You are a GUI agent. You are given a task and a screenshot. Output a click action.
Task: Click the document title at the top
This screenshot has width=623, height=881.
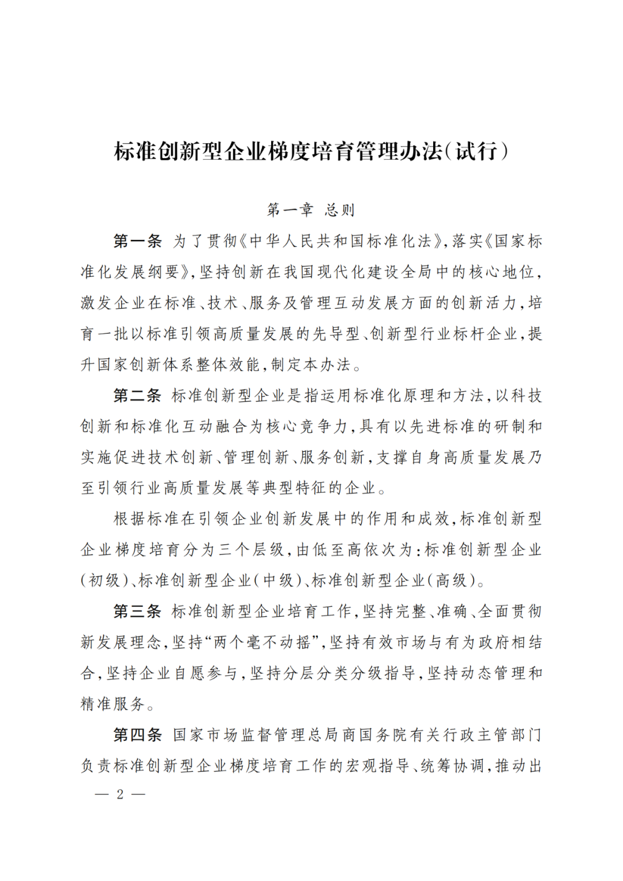311,151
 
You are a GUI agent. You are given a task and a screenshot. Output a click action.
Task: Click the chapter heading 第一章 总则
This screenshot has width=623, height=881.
311,209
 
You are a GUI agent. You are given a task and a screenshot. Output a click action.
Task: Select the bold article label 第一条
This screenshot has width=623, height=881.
137,241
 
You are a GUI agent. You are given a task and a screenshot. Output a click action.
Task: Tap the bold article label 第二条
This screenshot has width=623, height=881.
137,396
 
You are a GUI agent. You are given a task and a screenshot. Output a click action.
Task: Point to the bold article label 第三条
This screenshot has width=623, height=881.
137,612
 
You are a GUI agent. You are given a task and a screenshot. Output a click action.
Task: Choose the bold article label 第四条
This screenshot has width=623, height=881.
137,735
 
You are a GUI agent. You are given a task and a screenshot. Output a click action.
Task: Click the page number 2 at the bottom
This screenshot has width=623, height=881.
120,794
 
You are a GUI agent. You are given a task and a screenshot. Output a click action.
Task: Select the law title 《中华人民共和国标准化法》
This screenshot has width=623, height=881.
343,241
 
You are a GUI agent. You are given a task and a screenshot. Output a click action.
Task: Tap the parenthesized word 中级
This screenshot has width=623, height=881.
279,580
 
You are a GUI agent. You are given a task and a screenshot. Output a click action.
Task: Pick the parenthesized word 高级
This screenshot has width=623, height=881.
452,580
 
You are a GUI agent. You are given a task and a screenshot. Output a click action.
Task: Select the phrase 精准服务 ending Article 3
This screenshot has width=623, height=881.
112,704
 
